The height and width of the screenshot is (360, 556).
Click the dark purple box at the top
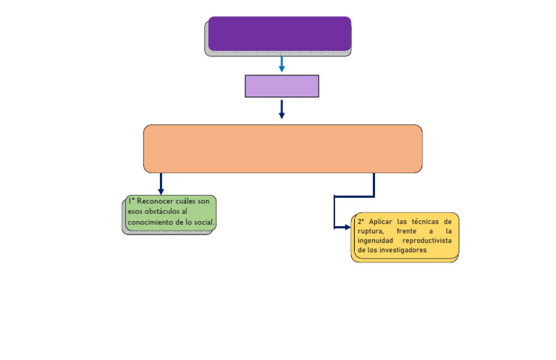[279, 33]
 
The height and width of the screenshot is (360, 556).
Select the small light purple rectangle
[282, 85]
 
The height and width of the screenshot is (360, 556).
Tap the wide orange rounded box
[282, 148]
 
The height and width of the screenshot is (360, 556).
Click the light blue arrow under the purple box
[282, 64]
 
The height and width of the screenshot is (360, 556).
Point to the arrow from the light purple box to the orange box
[282, 109]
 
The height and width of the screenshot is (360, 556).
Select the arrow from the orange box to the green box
[161, 184]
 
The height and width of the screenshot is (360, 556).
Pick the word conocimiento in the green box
[151, 221]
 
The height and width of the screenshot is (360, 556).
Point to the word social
[204, 221]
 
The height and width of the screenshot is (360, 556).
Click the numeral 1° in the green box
[131, 201]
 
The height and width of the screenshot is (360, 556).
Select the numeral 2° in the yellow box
[361, 221]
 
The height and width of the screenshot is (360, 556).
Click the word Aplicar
[381, 221]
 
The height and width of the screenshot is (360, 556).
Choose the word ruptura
[371, 230]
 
